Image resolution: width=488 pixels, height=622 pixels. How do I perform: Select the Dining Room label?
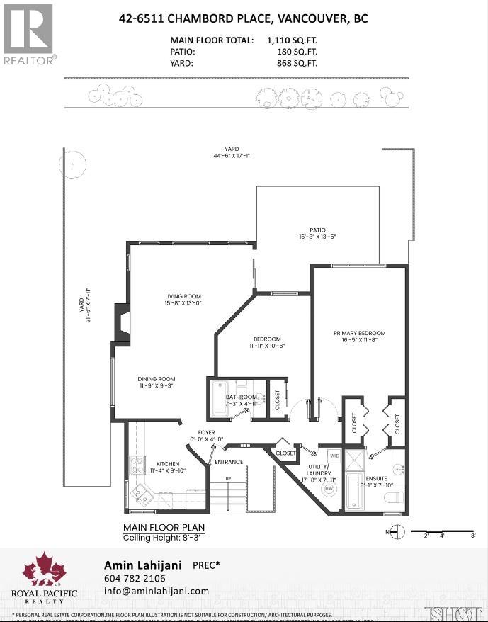pos(156,383)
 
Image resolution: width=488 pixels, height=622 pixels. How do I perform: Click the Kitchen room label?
pos(168,468)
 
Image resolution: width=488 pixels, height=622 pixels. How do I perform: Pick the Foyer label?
pos(206,435)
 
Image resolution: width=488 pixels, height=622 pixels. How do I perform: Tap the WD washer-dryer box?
pos(335,456)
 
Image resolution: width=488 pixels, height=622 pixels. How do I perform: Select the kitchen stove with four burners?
pos(136,465)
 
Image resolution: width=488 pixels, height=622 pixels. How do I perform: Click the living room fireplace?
pos(123,324)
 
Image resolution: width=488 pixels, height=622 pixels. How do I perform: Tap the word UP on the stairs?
pos(227,480)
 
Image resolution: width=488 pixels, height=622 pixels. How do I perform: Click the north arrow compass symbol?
pos(399,531)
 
